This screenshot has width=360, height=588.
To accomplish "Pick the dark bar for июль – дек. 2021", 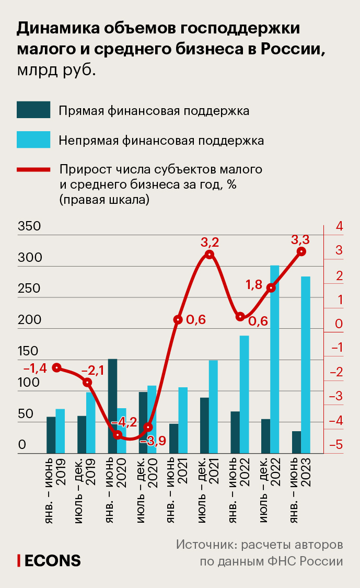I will click(204, 425).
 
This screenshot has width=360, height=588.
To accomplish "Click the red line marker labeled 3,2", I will click(210, 255).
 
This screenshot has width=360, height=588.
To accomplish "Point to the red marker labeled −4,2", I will click(118, 434).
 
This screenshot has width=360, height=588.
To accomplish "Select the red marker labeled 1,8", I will click(271, 288).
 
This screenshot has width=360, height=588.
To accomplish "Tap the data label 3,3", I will click(300, 240).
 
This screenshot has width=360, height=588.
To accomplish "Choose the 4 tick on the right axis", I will click(339, 227).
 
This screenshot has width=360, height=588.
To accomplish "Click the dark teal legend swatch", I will click(33, 110).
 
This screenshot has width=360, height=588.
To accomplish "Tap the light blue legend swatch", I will click(33, 140).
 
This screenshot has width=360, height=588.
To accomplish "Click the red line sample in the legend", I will click(33, 170).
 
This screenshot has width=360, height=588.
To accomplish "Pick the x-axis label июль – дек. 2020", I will click(148, 481).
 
